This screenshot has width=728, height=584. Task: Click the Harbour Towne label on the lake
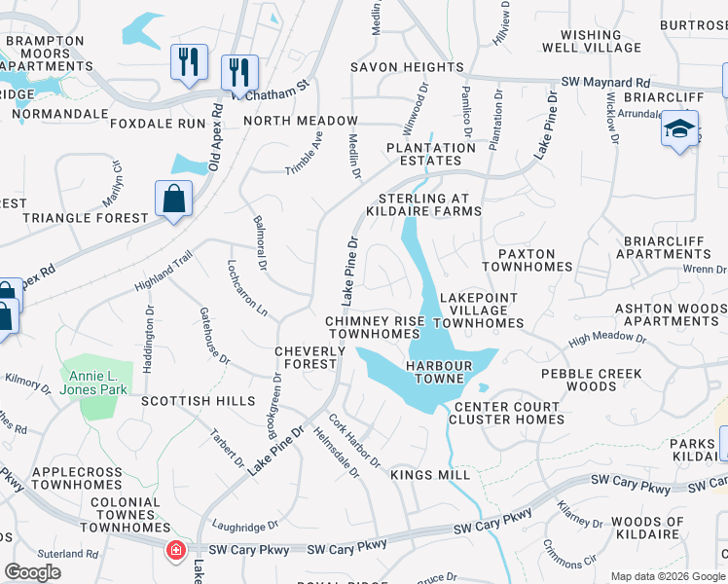click(439, 372)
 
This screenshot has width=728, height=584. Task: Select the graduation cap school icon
click(679, 128)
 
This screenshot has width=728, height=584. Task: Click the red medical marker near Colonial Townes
click(176, 551)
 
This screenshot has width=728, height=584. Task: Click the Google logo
click(32, 572)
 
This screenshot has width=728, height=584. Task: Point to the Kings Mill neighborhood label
click(430, 475)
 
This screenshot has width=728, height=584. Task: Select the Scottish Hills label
click(198, 401)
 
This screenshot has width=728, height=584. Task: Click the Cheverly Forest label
click(305, 357)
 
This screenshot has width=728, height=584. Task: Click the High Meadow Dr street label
click(606, 339)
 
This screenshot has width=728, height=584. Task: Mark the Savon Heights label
click(407, 67)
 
